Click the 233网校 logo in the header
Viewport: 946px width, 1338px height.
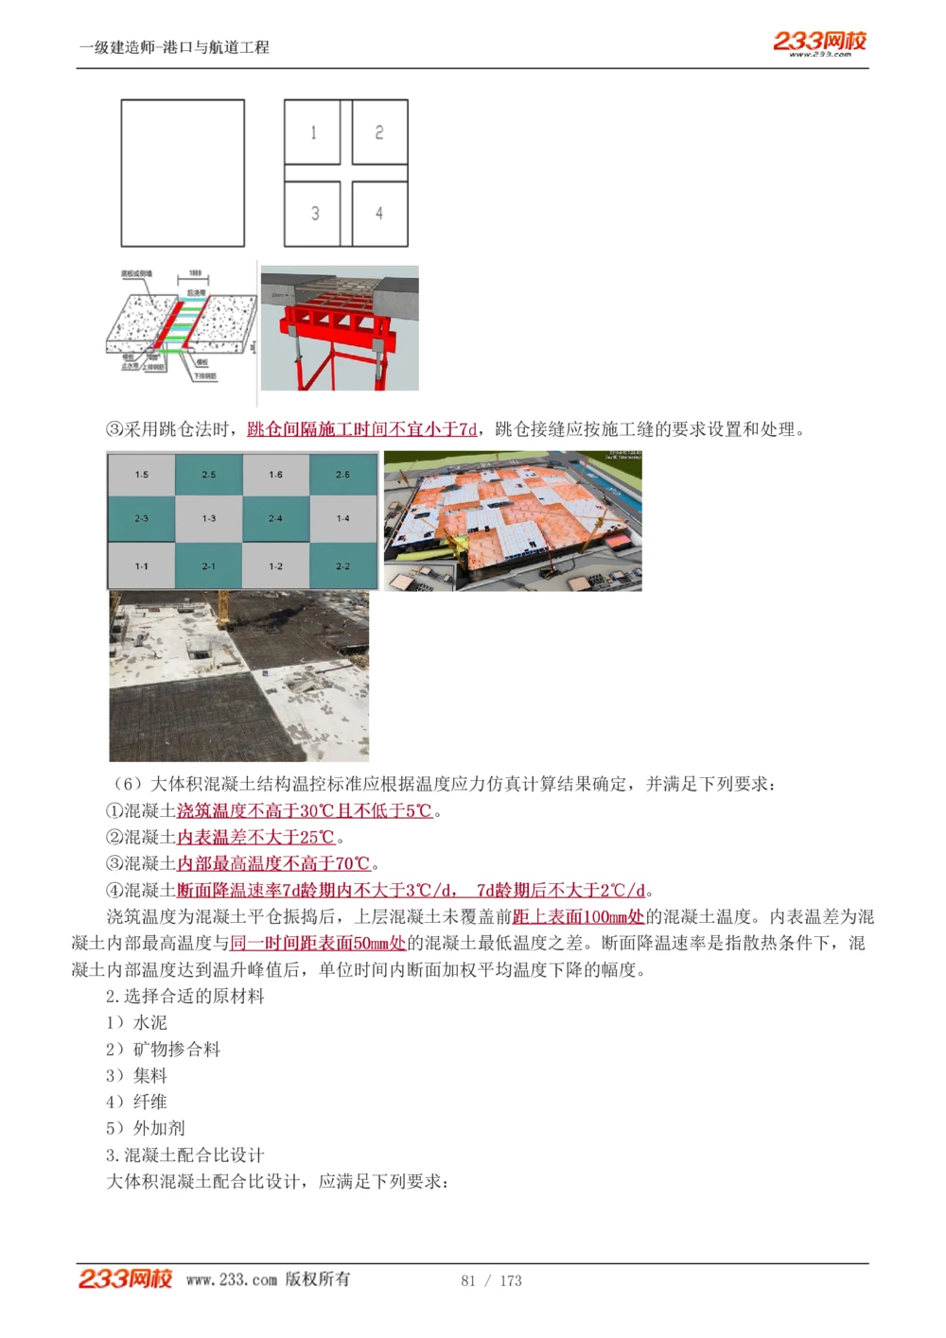(x=819, y=42)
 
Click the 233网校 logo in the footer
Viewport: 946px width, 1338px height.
(x=125, y=1278)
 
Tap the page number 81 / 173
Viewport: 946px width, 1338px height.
(x=491, y=1280)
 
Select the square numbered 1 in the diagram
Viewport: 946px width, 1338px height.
(x=313, y=132)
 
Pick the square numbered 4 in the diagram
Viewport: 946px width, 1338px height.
(x=379, y=214)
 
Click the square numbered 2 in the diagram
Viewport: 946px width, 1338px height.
(x=379, y=132)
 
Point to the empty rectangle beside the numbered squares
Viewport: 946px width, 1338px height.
(x=183, y=173)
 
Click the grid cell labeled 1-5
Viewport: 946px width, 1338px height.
(x=142, y=475)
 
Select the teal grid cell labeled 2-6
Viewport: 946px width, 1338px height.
(x=343, y=475)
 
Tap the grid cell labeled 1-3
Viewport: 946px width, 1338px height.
(x=209, y=518)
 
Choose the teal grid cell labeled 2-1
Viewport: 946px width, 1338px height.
(x=209, y=565)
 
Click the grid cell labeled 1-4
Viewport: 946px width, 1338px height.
(x=343, y=518)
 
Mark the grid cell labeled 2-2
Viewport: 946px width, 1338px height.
(x=343, y=565)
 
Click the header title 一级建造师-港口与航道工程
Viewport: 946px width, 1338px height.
(x=175, y=47)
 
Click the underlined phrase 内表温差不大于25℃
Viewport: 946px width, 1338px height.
(x=255, y=837)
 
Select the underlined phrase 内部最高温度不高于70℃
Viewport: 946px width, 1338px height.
(x=273, y=863)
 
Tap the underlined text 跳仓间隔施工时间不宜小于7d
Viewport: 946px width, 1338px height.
(x=362, y=429)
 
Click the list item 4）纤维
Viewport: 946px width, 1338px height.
(x=137, y=1102)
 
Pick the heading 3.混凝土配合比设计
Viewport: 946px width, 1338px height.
(x=185, y=1155)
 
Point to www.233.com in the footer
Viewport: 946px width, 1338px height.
(x=232, y=1279)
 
